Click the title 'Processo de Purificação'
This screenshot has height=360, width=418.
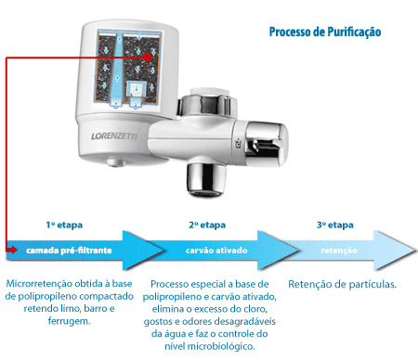pyautogui.click(x=325, y=32)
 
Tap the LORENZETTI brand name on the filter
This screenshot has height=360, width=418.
pyautogui.click(x=114, y=136)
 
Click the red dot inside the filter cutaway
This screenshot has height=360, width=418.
pyautogui.click(x=148, y=58)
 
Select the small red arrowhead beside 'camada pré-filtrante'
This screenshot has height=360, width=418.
pyautogui.click(x=12, y=250)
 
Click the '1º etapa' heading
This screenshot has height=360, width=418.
pyautogui.click(x=64, y=225)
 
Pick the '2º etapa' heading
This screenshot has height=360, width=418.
pyautogui.click(x=207, y=225)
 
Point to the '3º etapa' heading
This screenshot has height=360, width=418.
pyautogui.click(x=335, y=225)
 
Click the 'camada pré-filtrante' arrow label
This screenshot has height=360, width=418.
pyautogui.click(x=69, y=251)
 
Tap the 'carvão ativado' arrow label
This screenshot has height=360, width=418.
pyautogui.click(x=216, y=251)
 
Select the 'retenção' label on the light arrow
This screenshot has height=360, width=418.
pyautogui.click(x=339, y=251)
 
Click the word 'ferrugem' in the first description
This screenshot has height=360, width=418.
pyautogui.click(x=68, y=321)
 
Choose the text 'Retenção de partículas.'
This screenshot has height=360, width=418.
pyautogui.click(x=342, y=284)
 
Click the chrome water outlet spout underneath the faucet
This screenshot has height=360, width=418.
pyautogui.click(x=206, y=180)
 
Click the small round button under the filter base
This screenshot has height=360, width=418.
pyautogui.click(x=116, y=162)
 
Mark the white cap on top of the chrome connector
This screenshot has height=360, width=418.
pyautogui.click(x=210, y=92)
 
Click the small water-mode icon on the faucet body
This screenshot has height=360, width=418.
pyautogui.click(x=239, y=144)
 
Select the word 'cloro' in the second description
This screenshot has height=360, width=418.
pyautogui.click(x=255, y=309)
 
